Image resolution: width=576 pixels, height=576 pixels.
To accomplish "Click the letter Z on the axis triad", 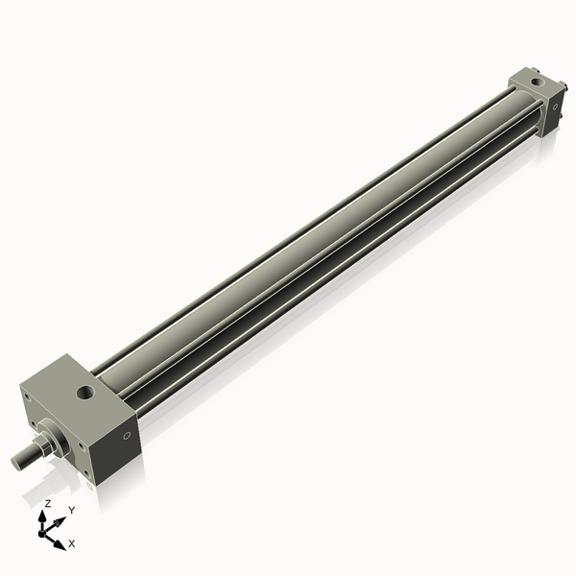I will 47,503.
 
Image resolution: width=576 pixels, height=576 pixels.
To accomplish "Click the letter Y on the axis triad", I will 72,511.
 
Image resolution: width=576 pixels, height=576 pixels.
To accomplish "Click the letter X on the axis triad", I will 72,543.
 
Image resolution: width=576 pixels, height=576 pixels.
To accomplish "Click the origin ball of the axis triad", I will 44,530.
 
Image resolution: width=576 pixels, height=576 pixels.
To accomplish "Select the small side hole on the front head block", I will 128,439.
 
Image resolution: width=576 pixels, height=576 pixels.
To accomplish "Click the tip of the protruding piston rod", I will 17,463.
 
